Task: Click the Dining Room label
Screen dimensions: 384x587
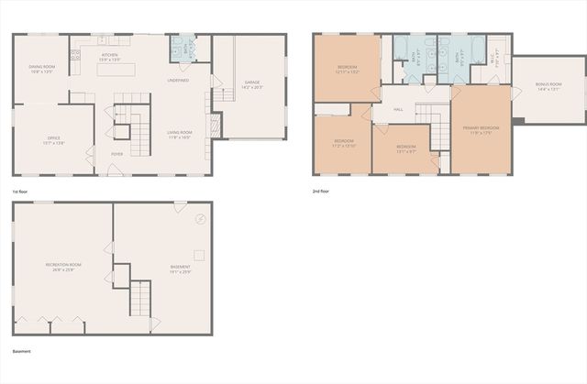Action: (x=43, y=66)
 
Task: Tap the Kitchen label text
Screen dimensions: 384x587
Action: (x=110, y=56)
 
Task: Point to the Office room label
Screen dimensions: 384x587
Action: (x=52, y=140)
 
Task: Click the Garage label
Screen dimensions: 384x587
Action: (x=251, y=84)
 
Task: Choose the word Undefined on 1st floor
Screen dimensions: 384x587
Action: (x=178, y=81)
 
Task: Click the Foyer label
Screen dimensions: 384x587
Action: (x=116, y=154)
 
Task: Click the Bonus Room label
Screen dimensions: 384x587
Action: (x=548, y=86)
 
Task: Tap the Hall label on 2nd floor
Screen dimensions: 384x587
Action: (x=398, y=109)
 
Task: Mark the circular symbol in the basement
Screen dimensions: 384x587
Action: (x=201, y=219)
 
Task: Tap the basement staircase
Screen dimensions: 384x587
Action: (x=139, y=299)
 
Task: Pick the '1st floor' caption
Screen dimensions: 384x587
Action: (x=20, y=191)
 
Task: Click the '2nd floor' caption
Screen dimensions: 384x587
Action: (x=320, y=191)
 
